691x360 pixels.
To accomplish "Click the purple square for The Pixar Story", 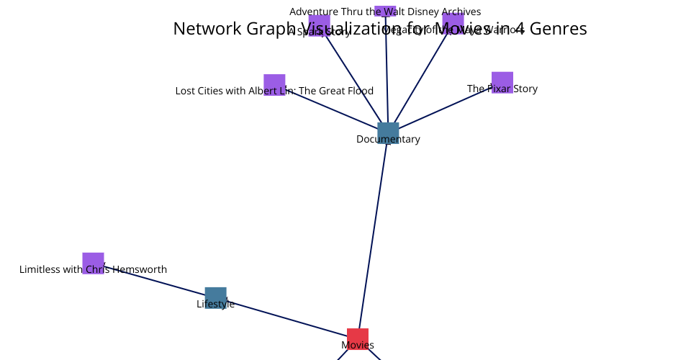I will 502,81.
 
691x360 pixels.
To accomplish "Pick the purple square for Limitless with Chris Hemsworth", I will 93,262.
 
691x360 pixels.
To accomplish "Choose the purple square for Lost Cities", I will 274,84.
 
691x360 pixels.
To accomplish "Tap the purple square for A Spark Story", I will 319,24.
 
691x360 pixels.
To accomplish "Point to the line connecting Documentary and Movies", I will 372,238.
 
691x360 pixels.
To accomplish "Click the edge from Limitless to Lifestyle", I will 155,280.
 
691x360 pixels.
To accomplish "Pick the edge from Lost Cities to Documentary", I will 335,109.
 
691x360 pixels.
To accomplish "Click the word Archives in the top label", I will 461,12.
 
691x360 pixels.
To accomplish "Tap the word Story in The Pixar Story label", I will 524,89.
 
